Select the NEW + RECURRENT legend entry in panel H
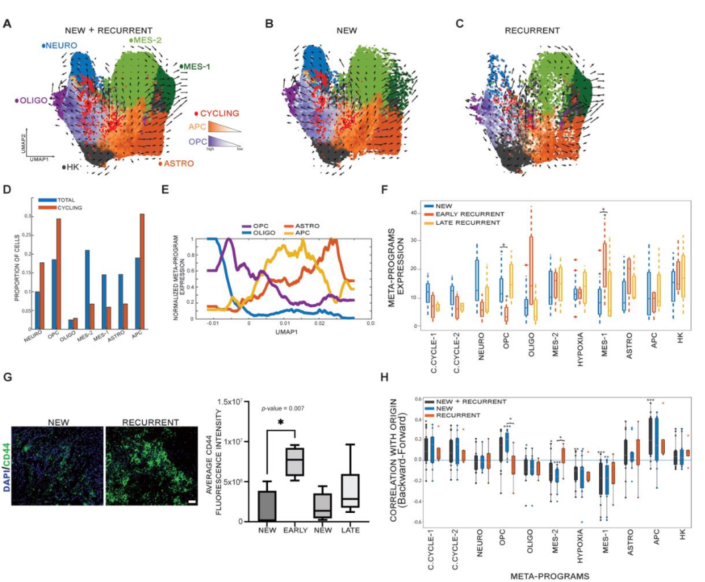(x=472, y=401)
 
